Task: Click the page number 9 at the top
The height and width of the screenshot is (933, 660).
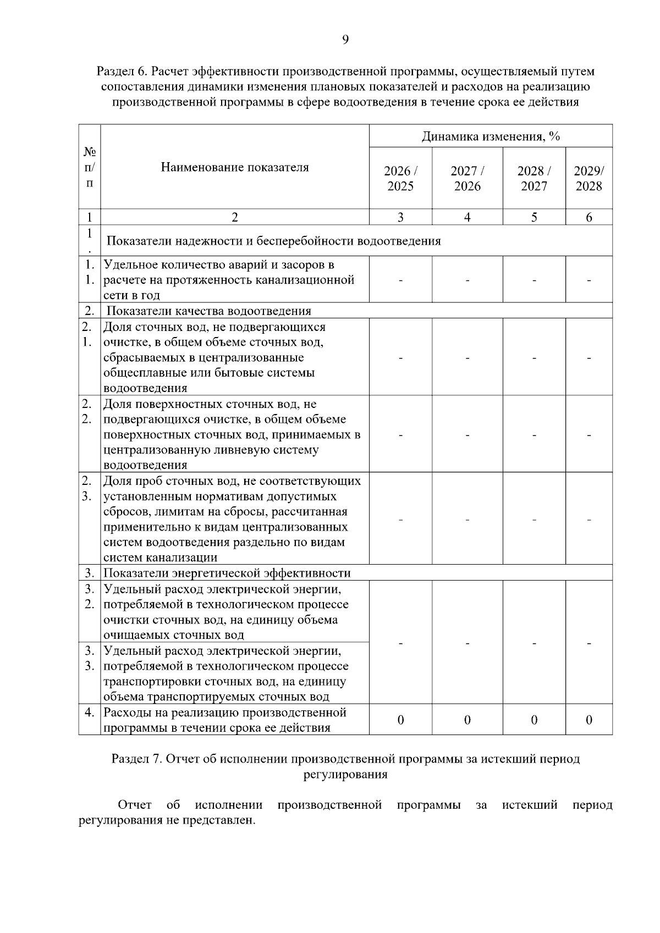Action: pyautogui.click(x=345, y=39)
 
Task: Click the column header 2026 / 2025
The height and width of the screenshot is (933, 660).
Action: pyautogui.click(x=400, y=178)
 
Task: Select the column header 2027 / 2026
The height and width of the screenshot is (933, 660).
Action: pyautogui.click(x=467, y=178)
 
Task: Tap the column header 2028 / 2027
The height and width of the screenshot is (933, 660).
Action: pyautogui.click(x=533, y=178)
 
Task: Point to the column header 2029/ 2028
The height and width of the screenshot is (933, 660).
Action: pyautogui.click(x=588, y=178)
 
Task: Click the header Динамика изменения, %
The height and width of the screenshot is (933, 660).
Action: pyautogui.click(x=491, y=136)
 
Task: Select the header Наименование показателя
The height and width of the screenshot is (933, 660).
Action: pyautogui.click(x=235, y=167)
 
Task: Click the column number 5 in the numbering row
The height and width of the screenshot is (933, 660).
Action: pyautogui.click(x=533, y=217)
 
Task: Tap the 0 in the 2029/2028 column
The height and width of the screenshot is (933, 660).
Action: pyautogui.click(x=588, y=720)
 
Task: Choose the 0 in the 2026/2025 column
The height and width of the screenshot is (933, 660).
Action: pyautogui.click(x=400, y=720)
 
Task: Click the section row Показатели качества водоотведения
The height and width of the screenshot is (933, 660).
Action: pyautogui.click(x=209, y=311)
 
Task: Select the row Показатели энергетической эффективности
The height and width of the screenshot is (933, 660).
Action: pyautogui.click(x=227, y=573)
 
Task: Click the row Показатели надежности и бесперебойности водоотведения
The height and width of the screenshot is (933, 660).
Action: pyautogui.click(x=273, y=241)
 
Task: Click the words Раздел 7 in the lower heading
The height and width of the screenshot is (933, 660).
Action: pyautogui.click(x=135, y=759)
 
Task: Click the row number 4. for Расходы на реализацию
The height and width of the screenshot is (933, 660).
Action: pyautogui.click(x=89, y=713)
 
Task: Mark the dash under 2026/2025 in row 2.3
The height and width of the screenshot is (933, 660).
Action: pyautogui.click(x=400, y=520)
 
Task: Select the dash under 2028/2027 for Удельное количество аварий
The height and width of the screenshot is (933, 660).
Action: pyautogui.click(x=533, y=280)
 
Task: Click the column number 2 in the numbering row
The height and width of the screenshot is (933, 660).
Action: pyautogui.click(x=235, y=217)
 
